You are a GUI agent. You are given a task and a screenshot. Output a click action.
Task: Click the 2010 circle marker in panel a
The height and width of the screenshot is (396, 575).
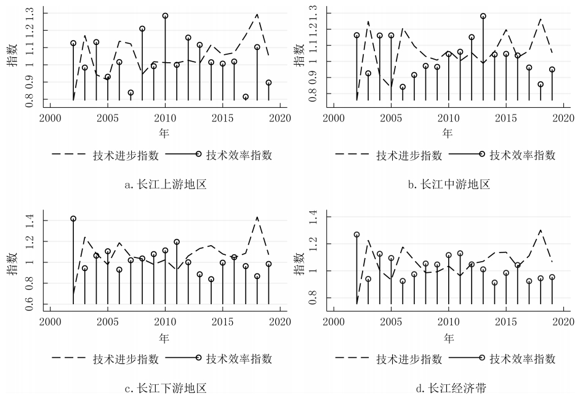(x=165, y=15)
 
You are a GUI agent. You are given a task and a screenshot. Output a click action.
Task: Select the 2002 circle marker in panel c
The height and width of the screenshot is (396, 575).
(x=73, y=219)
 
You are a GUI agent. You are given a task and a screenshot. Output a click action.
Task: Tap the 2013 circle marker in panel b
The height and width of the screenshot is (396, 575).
(x=483, y=16)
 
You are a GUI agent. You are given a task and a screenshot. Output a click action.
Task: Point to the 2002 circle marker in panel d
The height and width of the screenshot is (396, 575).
(x=356, y=235)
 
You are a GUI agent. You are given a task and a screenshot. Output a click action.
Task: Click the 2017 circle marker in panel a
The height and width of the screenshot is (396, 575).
(x=246, y=97)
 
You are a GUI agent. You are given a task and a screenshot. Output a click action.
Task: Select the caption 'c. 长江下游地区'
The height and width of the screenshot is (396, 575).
(x=165, y=387)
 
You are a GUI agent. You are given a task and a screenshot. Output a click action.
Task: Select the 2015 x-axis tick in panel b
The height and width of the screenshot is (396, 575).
(x=506, y=118)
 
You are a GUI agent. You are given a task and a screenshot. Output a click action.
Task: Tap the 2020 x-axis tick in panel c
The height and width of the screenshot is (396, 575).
(x=280, y=321)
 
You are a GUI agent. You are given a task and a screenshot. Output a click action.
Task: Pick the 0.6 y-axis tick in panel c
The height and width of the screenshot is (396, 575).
(x=30, y=304)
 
